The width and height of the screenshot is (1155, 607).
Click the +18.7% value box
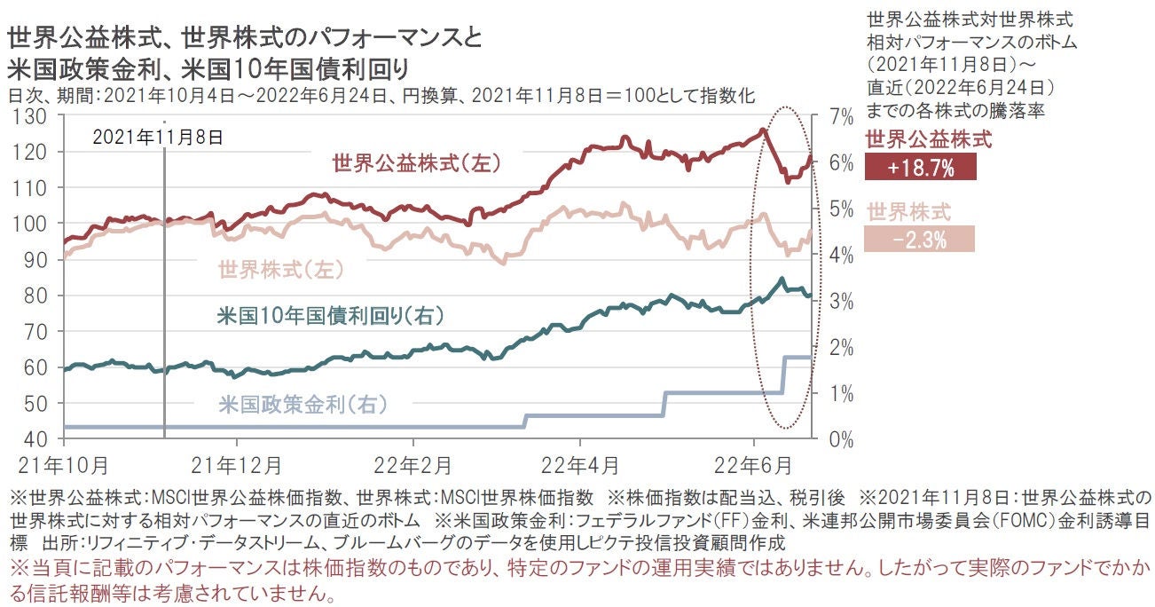tap(919, 168)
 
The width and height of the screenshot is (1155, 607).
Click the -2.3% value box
tap(919, 239)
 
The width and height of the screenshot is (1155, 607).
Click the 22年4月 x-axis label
tap(580, 464)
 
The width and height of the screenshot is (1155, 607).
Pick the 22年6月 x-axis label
tap(753, 464)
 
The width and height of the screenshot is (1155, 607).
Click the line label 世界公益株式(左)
tap(417, 163)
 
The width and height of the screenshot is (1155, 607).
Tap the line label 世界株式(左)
tap(279, 269)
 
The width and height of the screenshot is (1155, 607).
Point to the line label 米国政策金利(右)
tap(302, 405)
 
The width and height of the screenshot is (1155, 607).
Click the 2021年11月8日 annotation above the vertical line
tap(158, 137)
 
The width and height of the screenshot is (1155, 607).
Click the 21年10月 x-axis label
tap(63, 464)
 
